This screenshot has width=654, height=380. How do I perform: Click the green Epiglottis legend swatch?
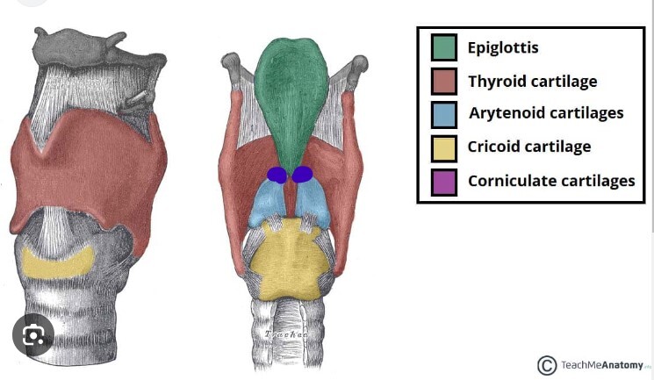click(443, 47)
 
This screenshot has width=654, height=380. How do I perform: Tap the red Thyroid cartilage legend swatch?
click(443, 82)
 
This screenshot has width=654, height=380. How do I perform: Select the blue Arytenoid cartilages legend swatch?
click(443, 114)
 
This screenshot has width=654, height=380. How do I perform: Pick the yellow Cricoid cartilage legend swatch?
click(443, 147)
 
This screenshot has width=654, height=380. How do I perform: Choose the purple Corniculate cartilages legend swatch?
click(443, 181)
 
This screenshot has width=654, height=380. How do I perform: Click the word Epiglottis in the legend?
click(503, 47)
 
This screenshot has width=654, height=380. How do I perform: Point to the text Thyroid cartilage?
click(532, 82)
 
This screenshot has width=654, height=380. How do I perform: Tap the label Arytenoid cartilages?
click(546, 113)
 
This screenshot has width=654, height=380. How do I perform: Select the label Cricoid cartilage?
click(529, 147)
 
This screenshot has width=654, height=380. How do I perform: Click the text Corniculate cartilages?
click(551, 181)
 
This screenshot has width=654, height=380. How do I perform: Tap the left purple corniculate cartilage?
click(277, 175)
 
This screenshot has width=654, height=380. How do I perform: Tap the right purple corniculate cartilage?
click(303, 175)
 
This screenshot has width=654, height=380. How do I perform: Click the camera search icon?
click(33, 334)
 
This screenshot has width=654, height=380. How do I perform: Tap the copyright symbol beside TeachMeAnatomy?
click(546, 365)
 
